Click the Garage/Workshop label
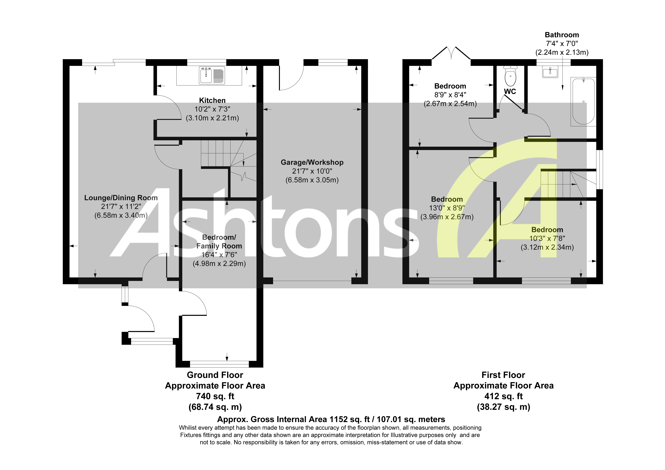click(x=312, y=162)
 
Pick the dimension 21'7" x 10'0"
click(x=312, y=171)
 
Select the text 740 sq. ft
click(x=215, y=396)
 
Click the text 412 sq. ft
click(x=503, y=396)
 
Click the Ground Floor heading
click(x=215, y=375)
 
